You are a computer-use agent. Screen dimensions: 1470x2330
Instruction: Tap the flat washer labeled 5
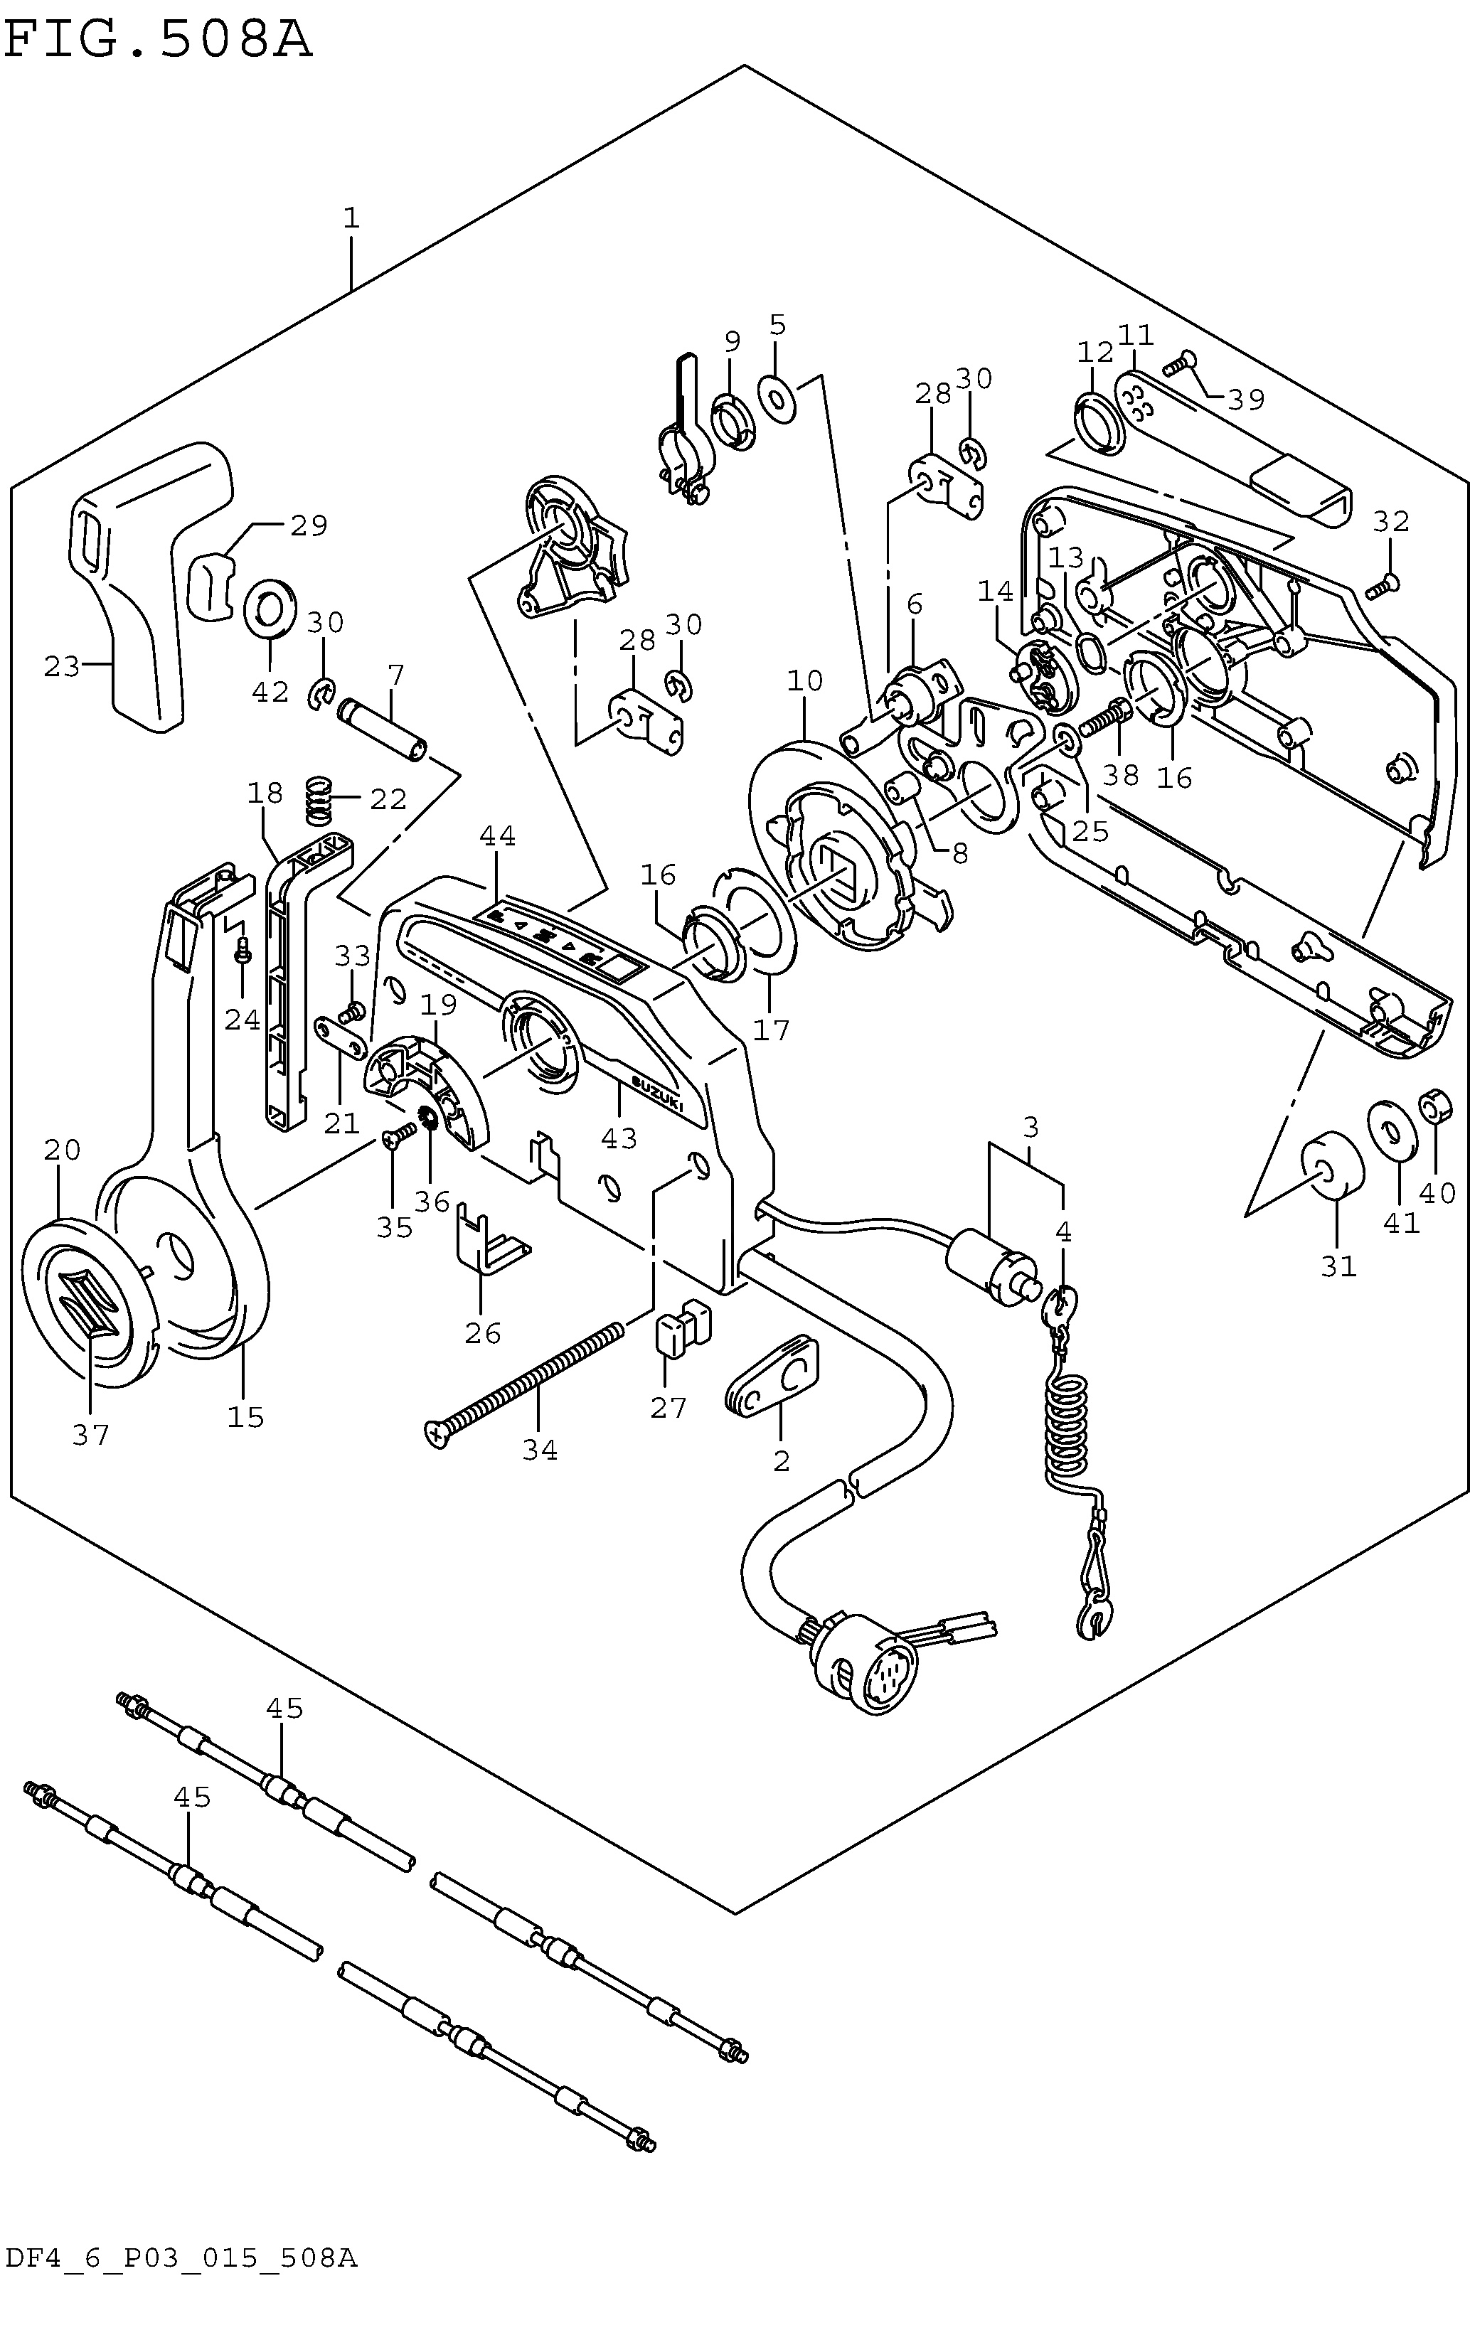[x=777, y=397]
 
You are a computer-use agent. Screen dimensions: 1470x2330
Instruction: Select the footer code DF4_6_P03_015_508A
[x=181, y=2306]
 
